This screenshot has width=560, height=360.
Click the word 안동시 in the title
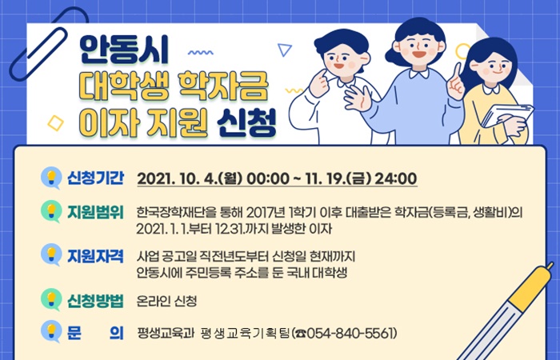123,50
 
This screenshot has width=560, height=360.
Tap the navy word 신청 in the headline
246,123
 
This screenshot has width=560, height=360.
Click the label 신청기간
96,178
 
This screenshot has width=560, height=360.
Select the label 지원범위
96,212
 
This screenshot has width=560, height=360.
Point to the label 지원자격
96,256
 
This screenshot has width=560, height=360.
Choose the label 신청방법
96,301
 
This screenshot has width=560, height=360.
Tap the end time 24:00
395,178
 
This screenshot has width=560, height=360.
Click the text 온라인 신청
166,301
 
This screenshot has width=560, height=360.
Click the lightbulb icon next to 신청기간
51,178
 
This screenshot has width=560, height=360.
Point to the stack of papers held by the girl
507,115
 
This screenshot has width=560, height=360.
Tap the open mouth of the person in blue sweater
419,54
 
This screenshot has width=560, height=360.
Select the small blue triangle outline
285,49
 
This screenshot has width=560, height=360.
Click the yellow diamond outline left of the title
56,123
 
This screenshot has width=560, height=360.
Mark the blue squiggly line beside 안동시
200,53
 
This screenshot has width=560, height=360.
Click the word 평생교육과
166,334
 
